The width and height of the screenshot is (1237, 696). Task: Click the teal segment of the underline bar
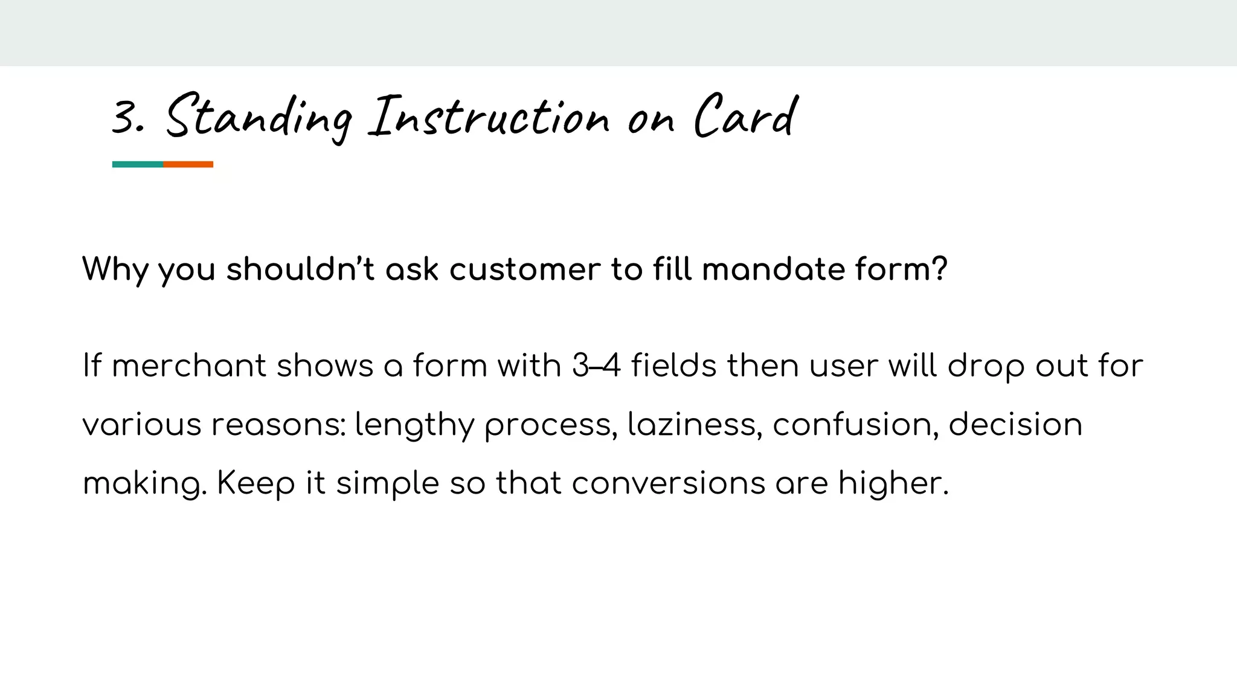click(138, 164)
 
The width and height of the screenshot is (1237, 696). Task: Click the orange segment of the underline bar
click(188, 164)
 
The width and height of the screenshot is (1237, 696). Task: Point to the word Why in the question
click(115, 269)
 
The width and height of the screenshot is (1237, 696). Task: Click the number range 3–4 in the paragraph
click(596, 366)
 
